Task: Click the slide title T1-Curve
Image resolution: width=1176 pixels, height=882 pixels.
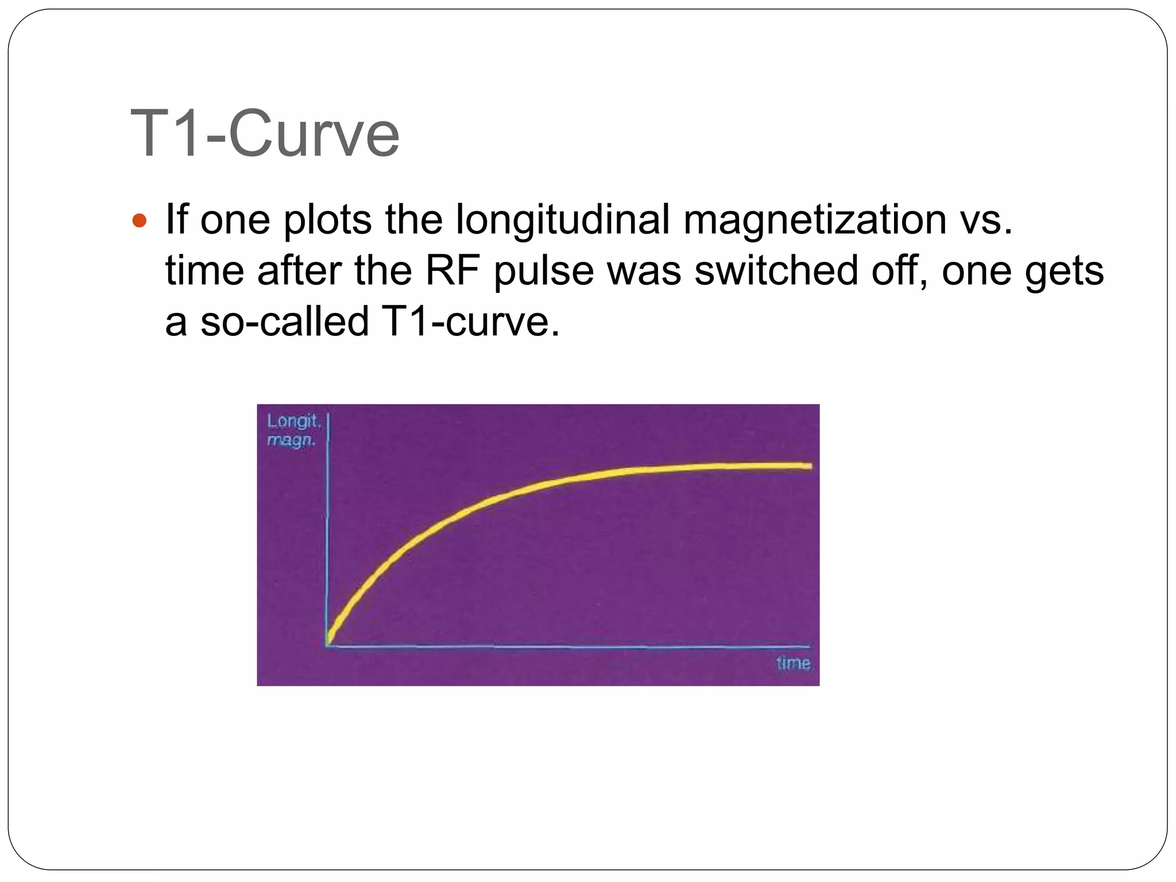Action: coord(265,134)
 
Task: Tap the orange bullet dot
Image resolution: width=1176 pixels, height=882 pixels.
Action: coord(140,220)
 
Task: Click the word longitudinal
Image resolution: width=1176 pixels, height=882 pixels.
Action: coord(563,220)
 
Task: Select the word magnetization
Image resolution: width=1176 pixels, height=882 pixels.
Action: coord(815,220)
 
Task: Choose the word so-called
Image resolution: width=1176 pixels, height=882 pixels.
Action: coord(284,321)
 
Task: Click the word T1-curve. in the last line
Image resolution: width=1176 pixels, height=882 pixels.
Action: coord(469,321)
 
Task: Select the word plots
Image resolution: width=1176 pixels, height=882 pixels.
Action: coord(328,220)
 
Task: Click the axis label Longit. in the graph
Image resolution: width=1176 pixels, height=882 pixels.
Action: coord(293,421)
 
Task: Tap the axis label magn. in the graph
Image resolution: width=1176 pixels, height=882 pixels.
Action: coord(291,441)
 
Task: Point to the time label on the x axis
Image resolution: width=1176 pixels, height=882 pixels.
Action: coord(793,663)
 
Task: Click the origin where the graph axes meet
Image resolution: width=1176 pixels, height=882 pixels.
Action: coord(327,645)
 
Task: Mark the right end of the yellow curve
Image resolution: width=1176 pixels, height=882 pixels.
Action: coord(809,466)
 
